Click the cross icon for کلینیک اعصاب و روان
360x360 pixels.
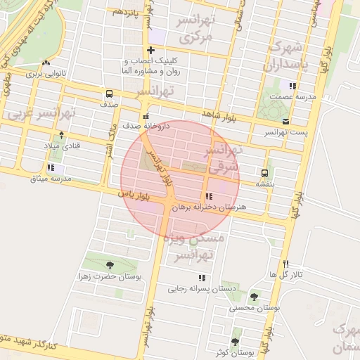coord(151,50)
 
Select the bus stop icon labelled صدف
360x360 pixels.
coord(109,94)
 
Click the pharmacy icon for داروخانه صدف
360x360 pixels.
coord(146,116)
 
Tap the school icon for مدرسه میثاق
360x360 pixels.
coord(51,167)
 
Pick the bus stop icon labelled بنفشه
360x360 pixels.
coord(265,173)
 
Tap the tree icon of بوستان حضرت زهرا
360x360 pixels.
coord(110,265)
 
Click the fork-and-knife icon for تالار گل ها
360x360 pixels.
coord(285,264)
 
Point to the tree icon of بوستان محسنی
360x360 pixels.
coord(254,297)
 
